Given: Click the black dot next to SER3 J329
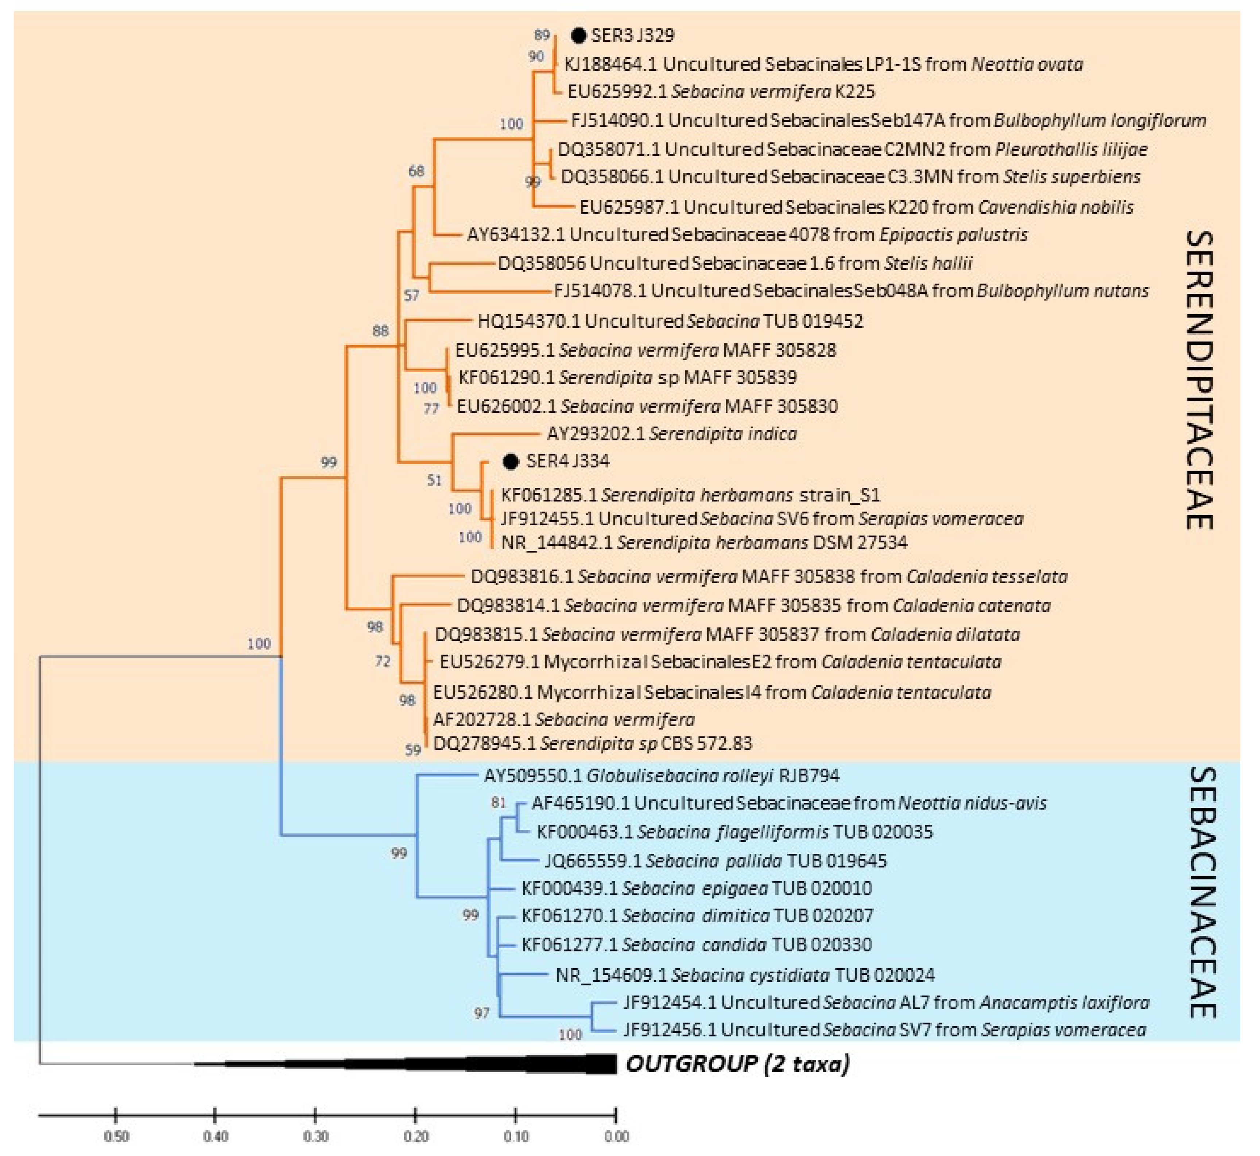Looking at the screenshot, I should click(x=579, y=36).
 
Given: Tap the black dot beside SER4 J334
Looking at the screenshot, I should click(x=511, y=462).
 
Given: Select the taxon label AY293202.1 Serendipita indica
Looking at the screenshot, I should click(x=672, y=433).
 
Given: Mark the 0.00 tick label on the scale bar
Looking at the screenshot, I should click(x=616, y=1136).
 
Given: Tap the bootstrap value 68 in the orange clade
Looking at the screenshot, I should click(x=416, y=171).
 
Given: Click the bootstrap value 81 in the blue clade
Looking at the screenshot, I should click(x=498, y=803).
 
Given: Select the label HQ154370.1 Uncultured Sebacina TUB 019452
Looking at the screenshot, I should click(x=670, y=322).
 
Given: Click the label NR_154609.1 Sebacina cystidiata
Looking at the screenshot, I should click(x=744, y=975).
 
